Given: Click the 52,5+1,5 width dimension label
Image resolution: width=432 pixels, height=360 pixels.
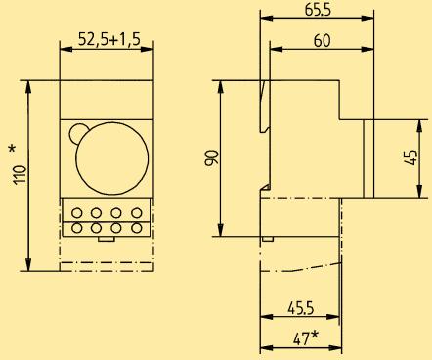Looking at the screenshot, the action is click(x=109, y=40).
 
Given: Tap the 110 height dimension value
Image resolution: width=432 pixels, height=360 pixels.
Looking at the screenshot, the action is click(x=21, y=175).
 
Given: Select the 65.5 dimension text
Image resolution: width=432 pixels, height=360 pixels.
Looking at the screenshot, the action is click(x=318, y=9).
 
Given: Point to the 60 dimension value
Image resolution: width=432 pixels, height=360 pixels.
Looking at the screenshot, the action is click(x=322, y=41).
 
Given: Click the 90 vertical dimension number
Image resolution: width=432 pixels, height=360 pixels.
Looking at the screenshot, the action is click(x=211, y=158).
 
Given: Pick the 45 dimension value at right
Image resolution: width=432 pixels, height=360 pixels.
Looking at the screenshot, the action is click(x=411, y=157).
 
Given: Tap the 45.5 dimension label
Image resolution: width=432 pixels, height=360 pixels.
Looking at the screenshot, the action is click(x=300, y=308).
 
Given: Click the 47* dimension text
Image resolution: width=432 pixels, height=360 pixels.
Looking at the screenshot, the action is click(x=305, y=338).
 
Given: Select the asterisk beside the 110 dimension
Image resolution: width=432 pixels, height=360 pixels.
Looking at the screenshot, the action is click(x=12, y=149).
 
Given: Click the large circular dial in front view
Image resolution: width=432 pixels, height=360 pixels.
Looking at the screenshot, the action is click(x=111, y=158).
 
